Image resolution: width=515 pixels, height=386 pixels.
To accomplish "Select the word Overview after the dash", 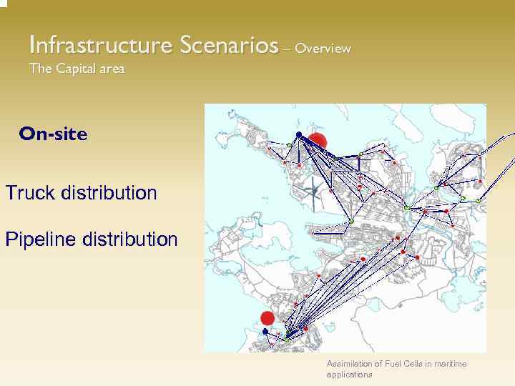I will pos(323,49).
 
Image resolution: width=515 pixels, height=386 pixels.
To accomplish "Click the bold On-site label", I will pos(54,134).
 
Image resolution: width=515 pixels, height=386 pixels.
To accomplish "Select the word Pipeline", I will pos(41,239).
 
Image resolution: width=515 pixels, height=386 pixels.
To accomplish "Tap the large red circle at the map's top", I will pos(317,142).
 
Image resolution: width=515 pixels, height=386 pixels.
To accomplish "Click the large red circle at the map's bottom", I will pos(268,318).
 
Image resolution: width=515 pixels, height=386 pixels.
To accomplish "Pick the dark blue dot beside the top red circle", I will pos(299,134).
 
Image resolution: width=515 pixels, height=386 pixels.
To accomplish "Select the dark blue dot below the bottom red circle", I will pos(265,332).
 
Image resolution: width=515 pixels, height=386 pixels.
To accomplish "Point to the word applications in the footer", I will pos(349,374).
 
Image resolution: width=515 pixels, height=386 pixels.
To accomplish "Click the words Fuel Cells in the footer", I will pos(401,364).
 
